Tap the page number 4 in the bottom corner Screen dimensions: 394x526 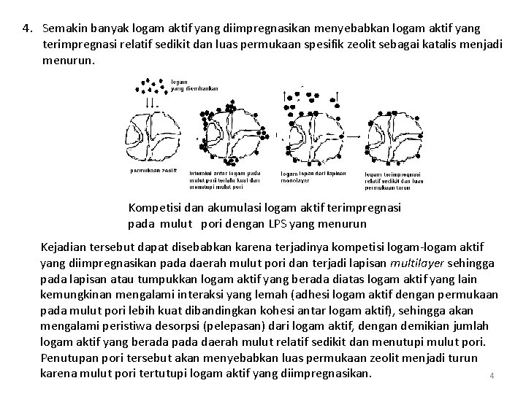(x=492, y=376)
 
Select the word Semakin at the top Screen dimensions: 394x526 (x=65, y=29)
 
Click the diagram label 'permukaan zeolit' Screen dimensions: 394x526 (x=153, y=170)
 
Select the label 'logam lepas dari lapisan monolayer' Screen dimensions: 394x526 (x=313, y=176)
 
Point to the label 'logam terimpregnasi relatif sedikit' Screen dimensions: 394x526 (x=394, y=180)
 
